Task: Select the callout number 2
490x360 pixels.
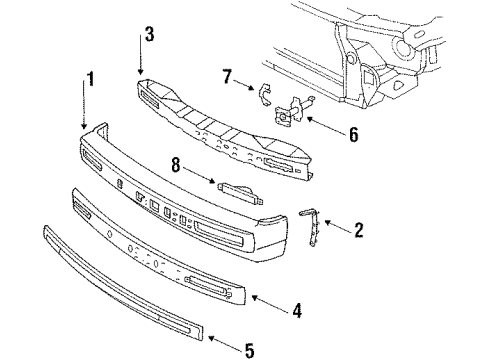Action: pyautogui.click(x=358, y=230)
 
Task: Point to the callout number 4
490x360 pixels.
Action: pyautogui.click(x=296, y=311)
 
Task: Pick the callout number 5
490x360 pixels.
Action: pyautogui.click(x=249, y=349)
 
